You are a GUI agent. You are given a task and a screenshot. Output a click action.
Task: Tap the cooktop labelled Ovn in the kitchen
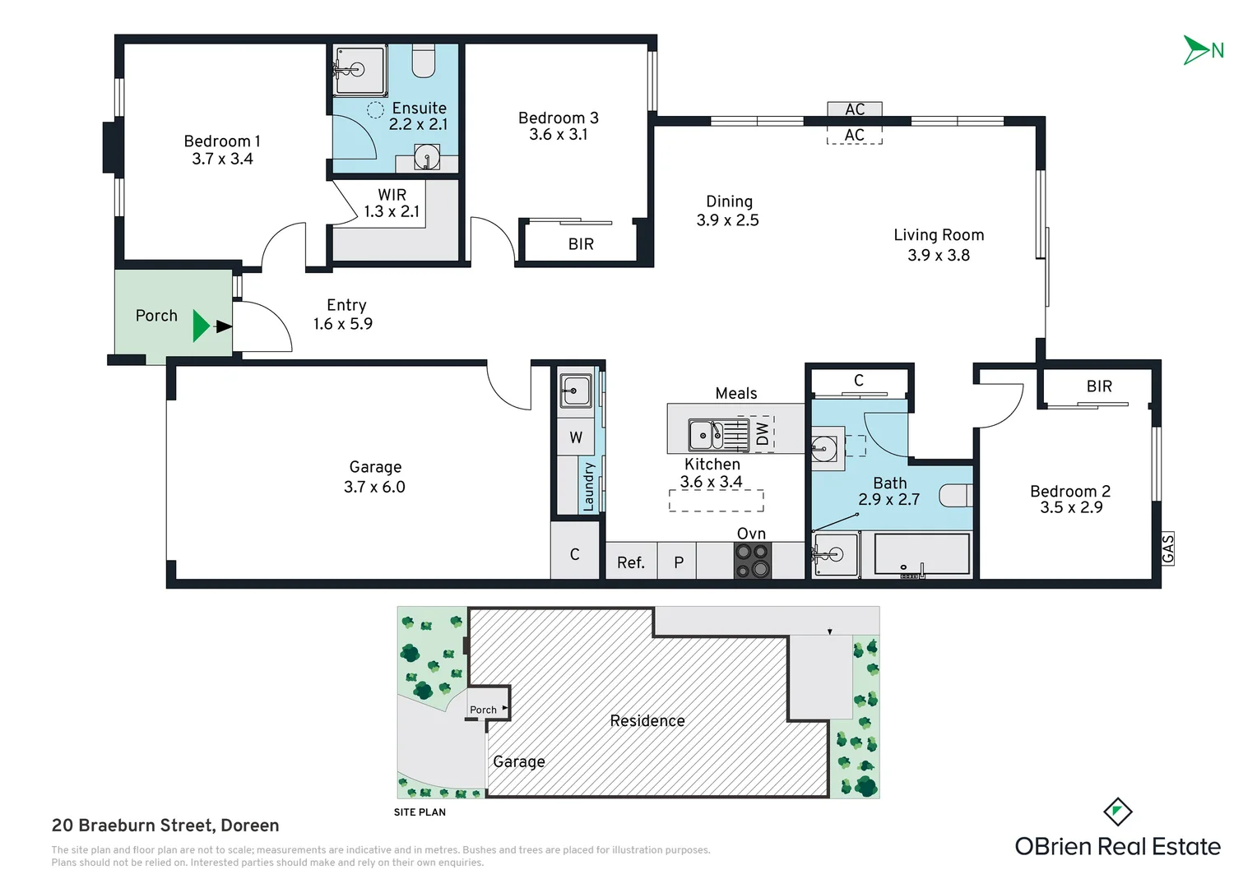pyautogui.click(x=753, y=561)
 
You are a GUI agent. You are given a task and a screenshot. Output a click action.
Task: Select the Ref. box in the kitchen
pyautogui.click(x=631, y=561)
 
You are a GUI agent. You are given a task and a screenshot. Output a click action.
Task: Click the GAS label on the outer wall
pyautogui.click(x=1167, y=548)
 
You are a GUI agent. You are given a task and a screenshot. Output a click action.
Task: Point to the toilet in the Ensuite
pyautogui.click(x=423, y=61)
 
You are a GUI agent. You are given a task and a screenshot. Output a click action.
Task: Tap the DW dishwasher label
pyautogui.click(x=762, y=433)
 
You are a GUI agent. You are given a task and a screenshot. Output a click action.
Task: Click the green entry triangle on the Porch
pyautogui.click(x=201, y=326)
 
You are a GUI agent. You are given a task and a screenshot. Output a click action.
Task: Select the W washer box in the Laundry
pyautogui.click(x=576, y=437)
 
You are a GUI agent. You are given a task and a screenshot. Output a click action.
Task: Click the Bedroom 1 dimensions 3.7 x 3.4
pyautogui.click(x=222, y=159)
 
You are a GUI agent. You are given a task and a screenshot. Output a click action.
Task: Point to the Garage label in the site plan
pyautogui.click(x=519, y=761)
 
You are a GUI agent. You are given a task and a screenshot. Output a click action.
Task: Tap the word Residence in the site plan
pyautogui.click(x=647, y=721)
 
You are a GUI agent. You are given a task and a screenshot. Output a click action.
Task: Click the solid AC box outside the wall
pyautogui.click(x=854, y=109)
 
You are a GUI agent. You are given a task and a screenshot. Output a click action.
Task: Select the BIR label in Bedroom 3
pyautogui.click(x=581, y=244)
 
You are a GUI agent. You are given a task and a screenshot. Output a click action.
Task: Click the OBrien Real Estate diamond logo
pyautogui.click(x=1118, y=812)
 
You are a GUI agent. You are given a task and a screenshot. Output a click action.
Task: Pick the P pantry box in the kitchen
pyautogui.click(x=678, y=561)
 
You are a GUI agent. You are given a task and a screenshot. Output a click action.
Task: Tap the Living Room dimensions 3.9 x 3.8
pyautogui.click(x=939, y=255)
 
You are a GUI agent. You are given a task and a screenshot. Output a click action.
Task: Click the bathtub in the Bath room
pyautogui.click(x=922, y=555)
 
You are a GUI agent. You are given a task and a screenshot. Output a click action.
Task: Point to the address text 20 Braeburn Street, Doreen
pyautogui.click(x=165, y=826)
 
